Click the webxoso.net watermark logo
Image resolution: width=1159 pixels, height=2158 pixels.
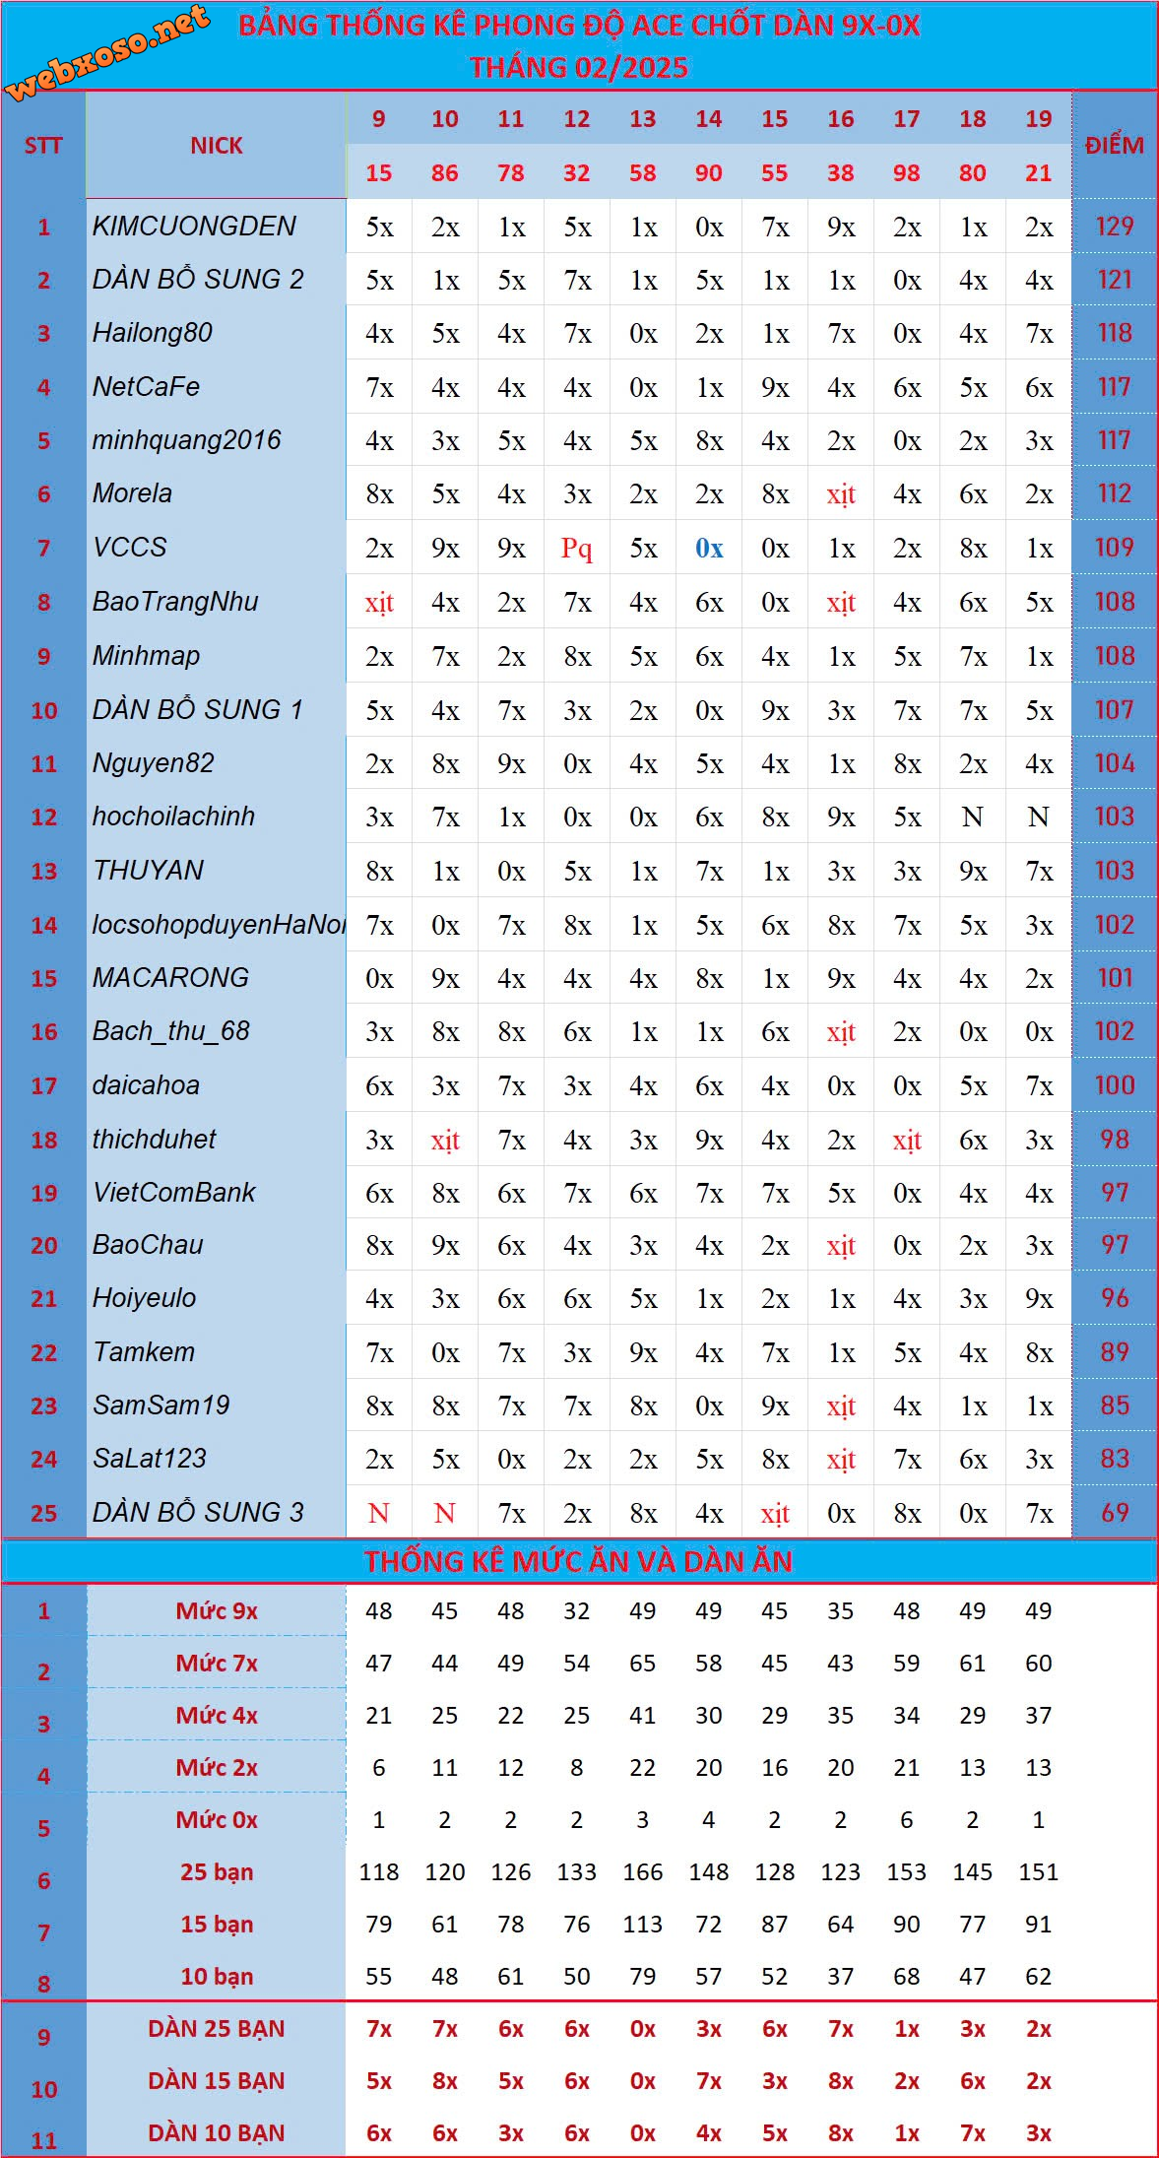[106, 51]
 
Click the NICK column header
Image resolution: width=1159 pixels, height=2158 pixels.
[217, 146]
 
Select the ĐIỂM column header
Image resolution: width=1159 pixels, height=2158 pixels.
[1114, 146]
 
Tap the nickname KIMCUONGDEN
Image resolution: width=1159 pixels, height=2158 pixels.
[194, 227]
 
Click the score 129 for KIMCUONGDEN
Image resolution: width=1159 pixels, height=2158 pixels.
[1114, 227]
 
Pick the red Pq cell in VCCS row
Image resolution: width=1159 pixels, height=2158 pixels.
[576, 548]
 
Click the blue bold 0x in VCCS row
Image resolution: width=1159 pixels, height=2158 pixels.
[708, 548]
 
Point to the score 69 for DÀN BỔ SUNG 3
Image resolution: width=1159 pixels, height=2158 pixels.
[1114, 1512]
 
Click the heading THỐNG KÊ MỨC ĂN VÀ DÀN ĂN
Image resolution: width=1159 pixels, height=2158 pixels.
[578, 1561]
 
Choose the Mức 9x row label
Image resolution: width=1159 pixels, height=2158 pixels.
[217, 1611]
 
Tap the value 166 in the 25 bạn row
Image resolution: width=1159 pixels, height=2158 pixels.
[642, 1871]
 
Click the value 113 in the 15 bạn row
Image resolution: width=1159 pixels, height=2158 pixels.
[642, 1924]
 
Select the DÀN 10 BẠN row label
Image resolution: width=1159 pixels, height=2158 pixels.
[217, 2132]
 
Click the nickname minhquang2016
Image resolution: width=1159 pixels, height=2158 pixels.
[186, 440]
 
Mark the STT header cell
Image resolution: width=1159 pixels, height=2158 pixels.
[43, 146]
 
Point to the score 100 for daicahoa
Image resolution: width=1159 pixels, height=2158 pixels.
[1114, 1085]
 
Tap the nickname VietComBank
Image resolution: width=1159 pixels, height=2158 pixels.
[173, 1193]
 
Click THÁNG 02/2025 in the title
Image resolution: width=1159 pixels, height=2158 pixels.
[578, 67]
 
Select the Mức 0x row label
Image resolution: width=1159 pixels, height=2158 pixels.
[217, 1819]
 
